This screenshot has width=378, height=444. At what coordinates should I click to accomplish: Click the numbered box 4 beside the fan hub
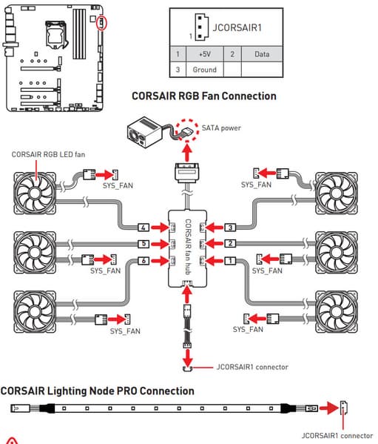click(x=144, y=228)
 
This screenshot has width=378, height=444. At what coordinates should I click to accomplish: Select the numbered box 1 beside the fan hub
click(x=230, y=261)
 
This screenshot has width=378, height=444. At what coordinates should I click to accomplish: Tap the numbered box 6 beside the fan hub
click(x=144, y=261)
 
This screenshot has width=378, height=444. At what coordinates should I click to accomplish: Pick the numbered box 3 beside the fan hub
click(x=230, y=228)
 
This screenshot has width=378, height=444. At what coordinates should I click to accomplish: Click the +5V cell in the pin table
click(x=205, y=54)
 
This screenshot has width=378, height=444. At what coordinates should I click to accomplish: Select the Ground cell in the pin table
click(x=205, y=70)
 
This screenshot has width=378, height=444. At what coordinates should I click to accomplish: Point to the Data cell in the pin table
click(x=262, y=54)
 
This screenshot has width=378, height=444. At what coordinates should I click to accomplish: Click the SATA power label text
click(x=221, y=128)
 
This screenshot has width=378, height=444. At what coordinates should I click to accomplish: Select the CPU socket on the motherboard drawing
click(x=56, y=34)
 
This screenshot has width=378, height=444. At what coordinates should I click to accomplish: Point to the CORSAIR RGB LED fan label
click(x=48, y=155)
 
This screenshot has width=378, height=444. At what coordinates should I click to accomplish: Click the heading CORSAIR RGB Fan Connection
click(x=204, y=96)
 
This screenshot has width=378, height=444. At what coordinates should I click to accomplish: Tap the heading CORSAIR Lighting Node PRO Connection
click(x=97, y=391)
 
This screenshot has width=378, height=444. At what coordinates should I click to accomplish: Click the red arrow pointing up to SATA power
click(x=186, y=153)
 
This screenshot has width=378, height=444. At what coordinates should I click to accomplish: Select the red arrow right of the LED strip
click(x=329, y=408)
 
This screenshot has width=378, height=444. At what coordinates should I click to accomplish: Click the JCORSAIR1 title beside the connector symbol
click(x=237, y=27)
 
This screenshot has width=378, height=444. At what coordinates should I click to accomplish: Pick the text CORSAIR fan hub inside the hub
click(x=188, y=247)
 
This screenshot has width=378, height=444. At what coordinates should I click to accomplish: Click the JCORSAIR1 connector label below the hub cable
click(x=252, y=367)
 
